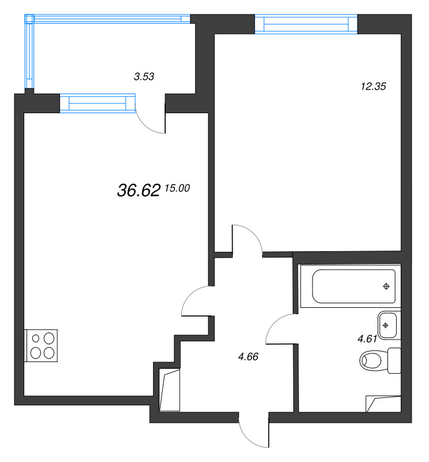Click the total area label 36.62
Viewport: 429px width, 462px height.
tap(138, 191)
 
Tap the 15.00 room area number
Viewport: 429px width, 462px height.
tap(177, 188)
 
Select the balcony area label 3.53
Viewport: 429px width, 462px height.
tap(144, 76)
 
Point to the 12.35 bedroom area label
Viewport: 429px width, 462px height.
tap(372, 87)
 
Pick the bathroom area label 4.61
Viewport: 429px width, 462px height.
tap(367, 339)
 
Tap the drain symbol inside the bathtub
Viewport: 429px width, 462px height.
tap(386, 286)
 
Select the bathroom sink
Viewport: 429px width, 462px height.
tap(387, 325)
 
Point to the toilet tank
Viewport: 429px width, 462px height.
tap(394, 361)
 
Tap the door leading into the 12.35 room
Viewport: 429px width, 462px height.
tap(247, 238)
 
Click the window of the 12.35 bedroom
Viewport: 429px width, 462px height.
tap(306, 24)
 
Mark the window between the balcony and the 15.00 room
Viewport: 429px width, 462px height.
tap(97, 103)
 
